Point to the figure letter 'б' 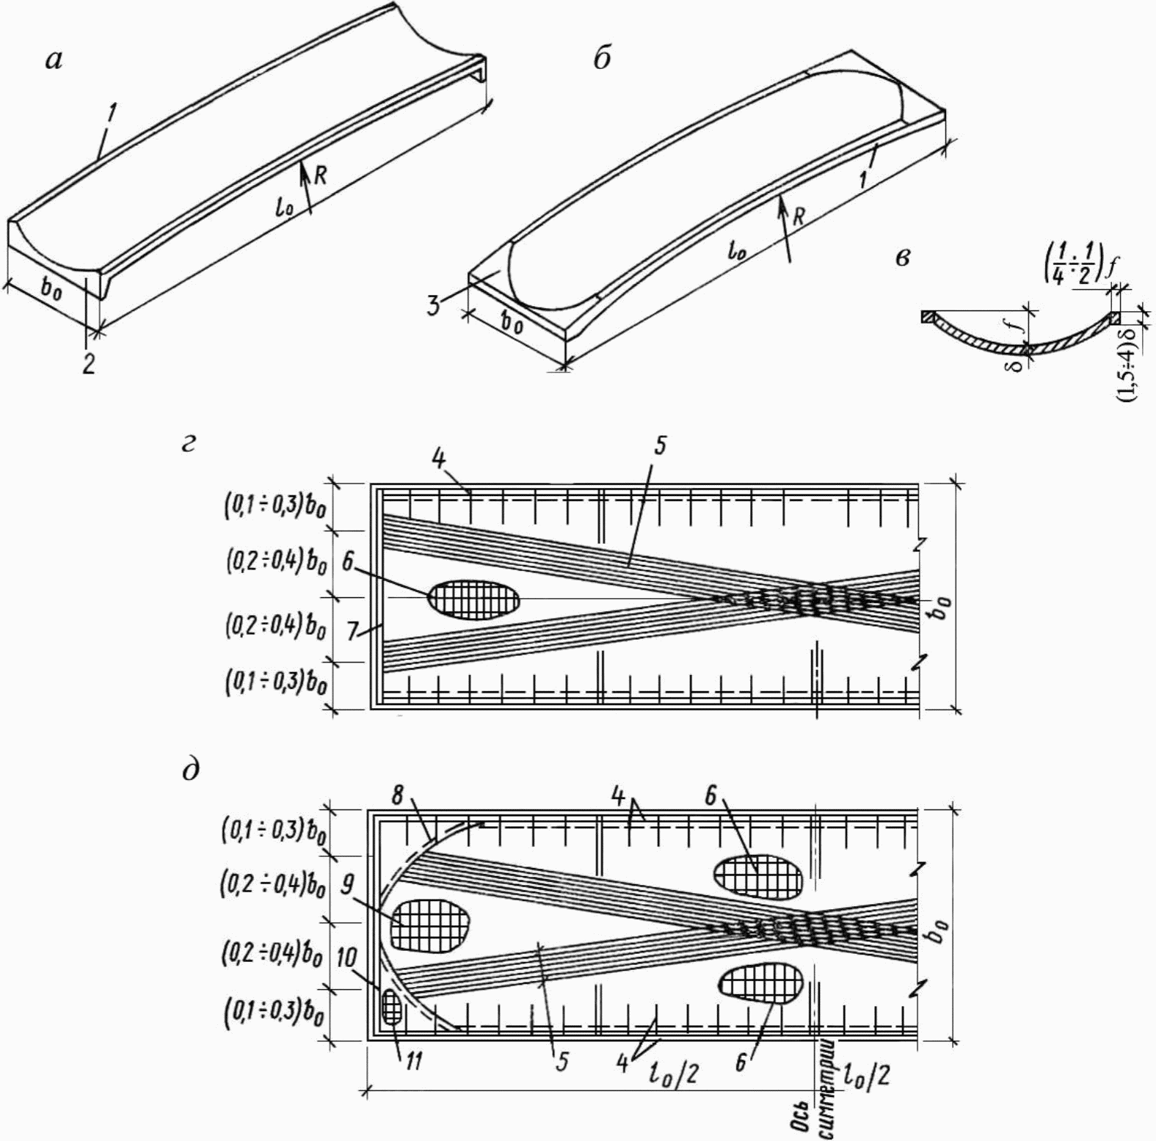[602, 59]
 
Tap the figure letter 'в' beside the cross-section [904, 258]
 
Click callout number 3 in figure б [435, 305]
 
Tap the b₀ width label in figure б [512, 322]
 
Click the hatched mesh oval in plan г [474, 598]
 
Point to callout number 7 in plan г [354, 632]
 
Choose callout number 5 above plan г [660, 445]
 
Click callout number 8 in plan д [398, 795]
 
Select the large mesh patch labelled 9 [430, 922]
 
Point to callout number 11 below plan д [414, 1061]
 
